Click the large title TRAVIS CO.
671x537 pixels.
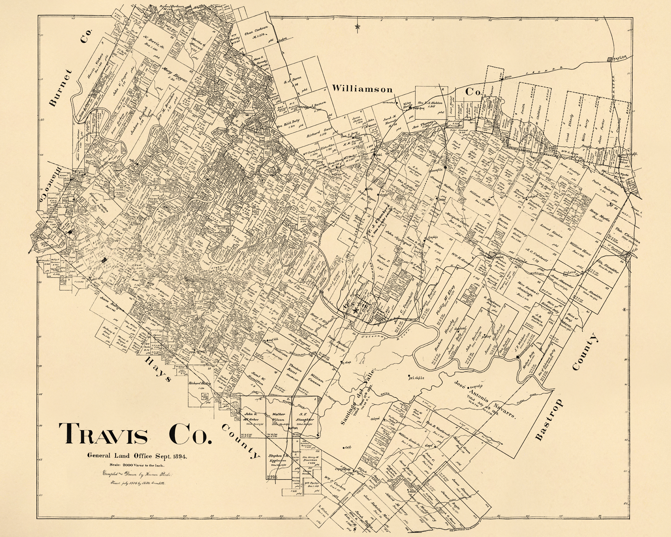pos(135,434)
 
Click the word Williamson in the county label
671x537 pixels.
pos(362,89)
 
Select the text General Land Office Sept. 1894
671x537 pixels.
pos(137,457)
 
